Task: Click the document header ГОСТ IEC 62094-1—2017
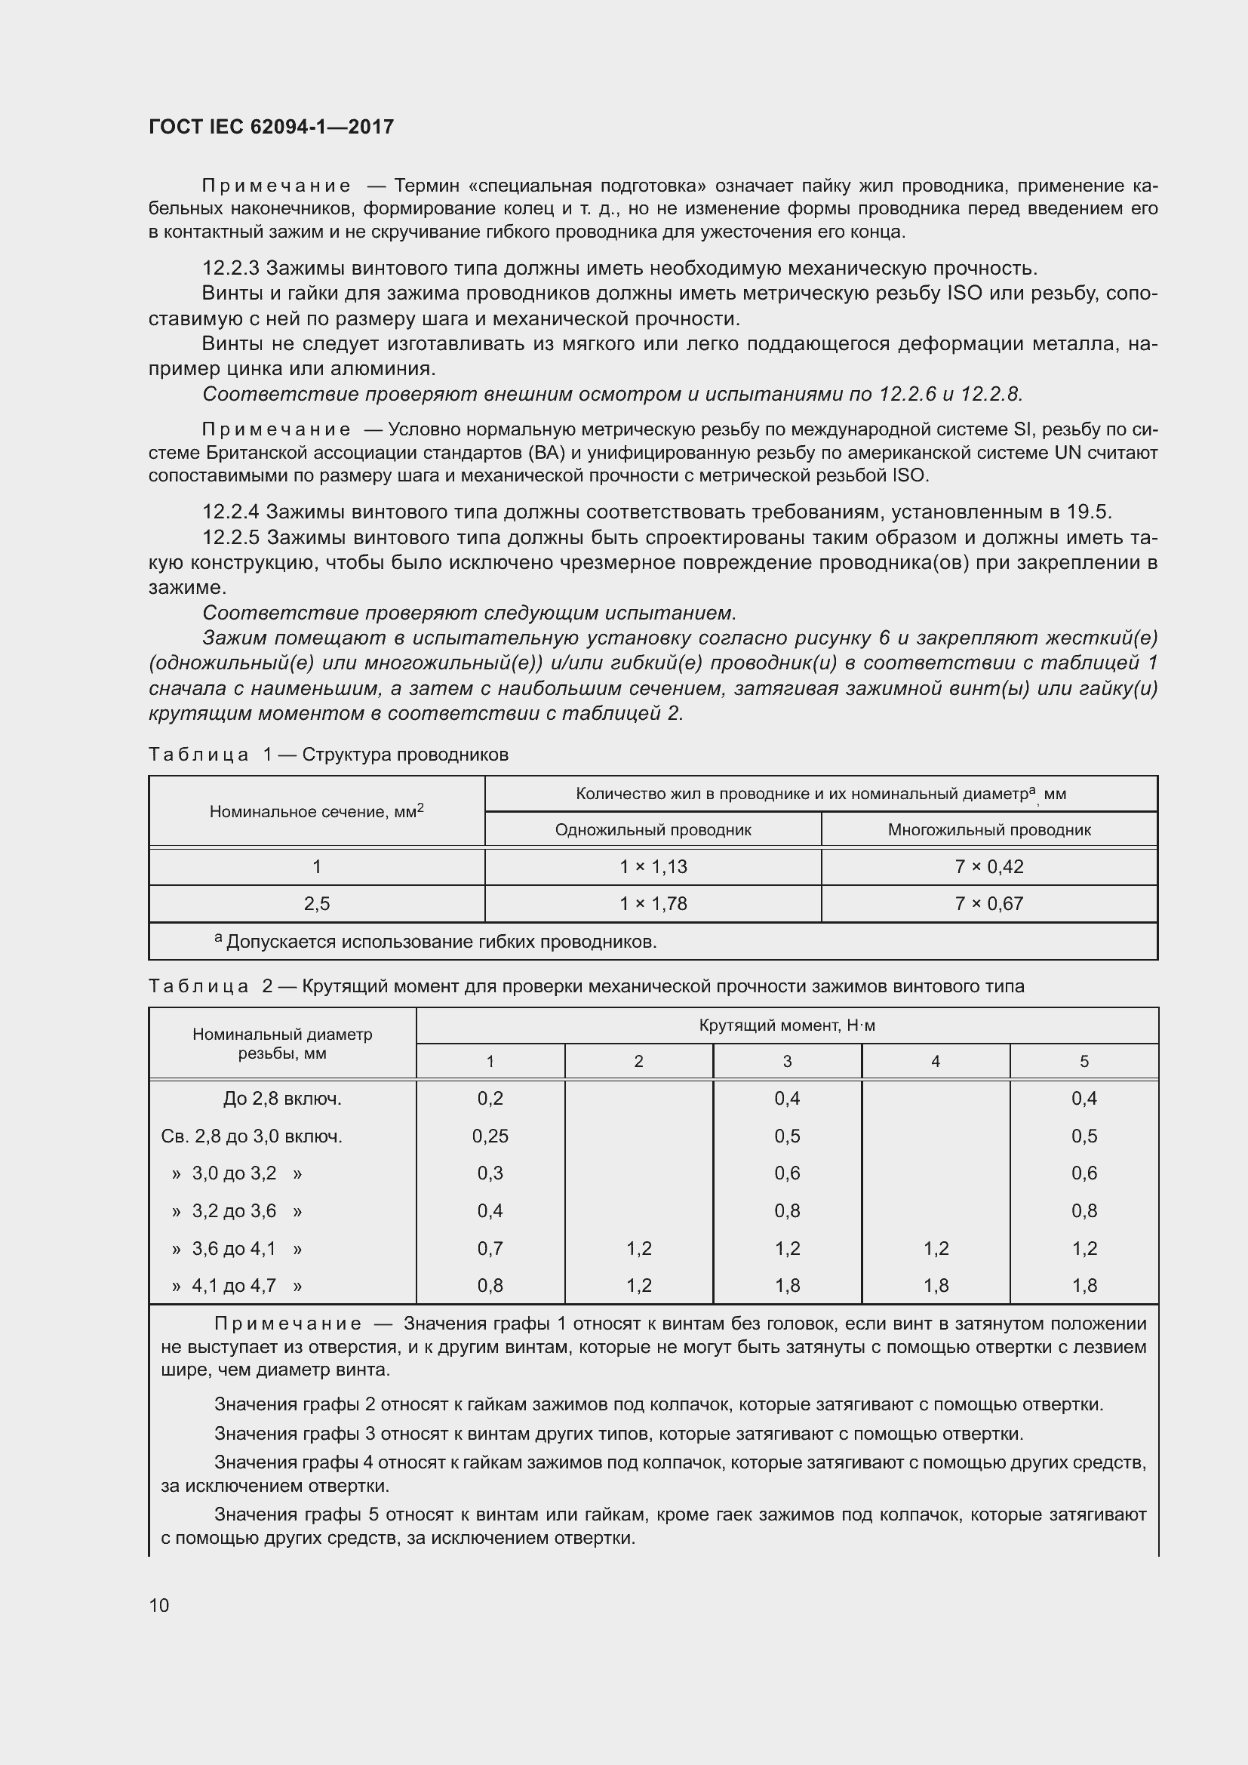pos(271,127)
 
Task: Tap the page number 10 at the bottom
pos(159,1605)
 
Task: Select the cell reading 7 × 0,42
pos(989,866)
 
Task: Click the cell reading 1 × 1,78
pos(653,903)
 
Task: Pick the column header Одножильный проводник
pos(653,830)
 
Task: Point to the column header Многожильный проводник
pos(989,830)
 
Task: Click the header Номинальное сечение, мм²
pos(317,812)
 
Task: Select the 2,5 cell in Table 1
pos(317,903)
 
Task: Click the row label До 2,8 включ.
pos(282,1099)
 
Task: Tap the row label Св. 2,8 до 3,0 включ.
pos(251,1136)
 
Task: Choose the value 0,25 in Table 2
pos(490,1136)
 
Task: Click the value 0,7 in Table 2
pos(490,1248)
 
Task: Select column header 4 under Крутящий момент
pos(935,1062)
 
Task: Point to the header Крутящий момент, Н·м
pos(787,1025)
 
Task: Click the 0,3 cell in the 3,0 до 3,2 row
pos(490,1173)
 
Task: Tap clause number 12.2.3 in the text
pos(231,269)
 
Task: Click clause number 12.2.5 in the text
pos(231,537)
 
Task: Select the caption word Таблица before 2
pos(198,986)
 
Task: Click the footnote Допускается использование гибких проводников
pos(441,942)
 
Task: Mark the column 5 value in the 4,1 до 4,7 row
pos(1084,1285)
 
